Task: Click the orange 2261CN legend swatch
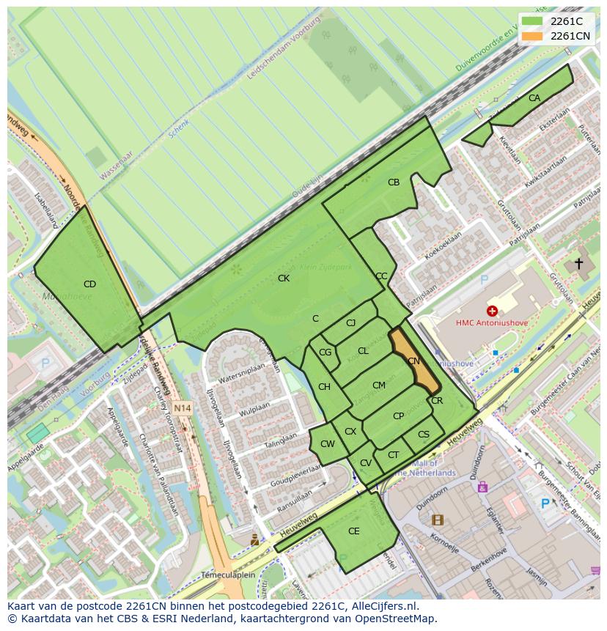[x=532, y=35]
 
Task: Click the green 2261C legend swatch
[x=532, y=21]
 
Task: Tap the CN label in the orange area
[x=413, y=361]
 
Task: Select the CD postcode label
[x=89, y=284]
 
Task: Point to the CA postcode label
[x=534, y=97]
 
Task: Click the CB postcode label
[x=394, y=182]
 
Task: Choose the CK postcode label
[x=284, y=278]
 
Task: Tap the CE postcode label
[x=354, y=531]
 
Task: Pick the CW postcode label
[x=328, y=443]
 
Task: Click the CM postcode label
[x=378, y=385]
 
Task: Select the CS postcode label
[x=424, y=435]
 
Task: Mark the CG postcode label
[x=325, y=353]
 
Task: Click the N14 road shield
[x=183, y=408]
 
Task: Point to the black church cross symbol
[x=578, y=263]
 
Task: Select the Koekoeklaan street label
[x=444, y=246]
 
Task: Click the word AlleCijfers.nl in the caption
[x=385, y=606]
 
